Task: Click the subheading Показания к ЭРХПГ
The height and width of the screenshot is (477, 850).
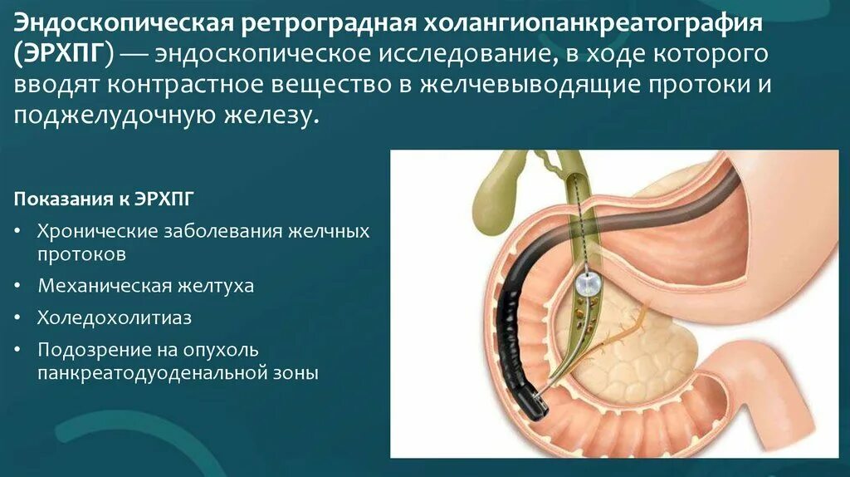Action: point(106,200)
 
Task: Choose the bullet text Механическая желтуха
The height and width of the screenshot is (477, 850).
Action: point(145,286)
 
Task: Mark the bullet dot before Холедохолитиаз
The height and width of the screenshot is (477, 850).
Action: point(18,317)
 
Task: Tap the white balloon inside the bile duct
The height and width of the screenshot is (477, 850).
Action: point(589,285)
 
